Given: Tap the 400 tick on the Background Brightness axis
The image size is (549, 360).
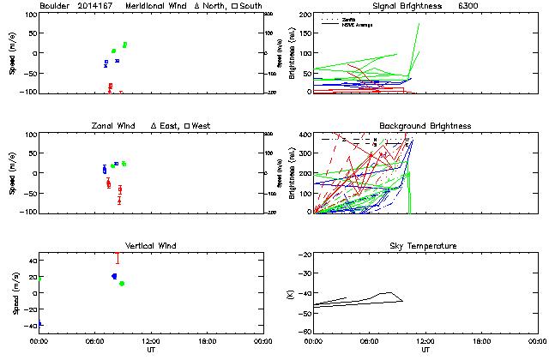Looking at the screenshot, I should tap(303, 135).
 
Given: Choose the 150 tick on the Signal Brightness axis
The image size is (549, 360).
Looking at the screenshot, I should tap(303, 34).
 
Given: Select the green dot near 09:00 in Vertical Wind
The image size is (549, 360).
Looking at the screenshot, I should tap(122, 284).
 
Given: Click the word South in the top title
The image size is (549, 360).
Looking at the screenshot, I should tap(251, 6).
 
